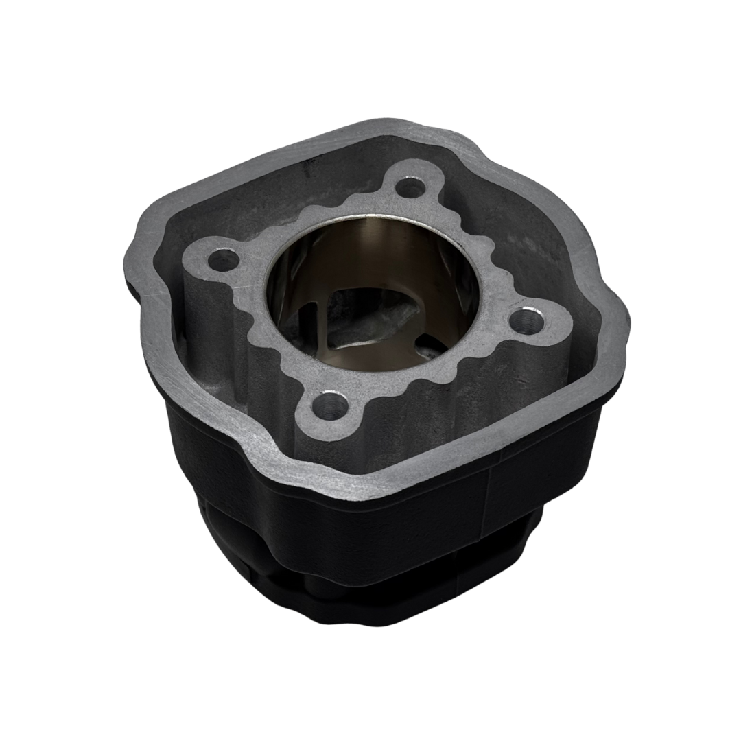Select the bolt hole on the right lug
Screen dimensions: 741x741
click(528, 318)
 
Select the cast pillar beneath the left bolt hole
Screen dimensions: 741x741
click(206, 322)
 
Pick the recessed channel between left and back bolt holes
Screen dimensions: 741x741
click(288, 199)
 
